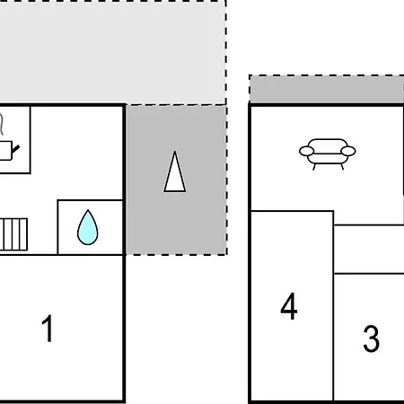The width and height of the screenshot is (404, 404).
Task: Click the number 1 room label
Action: point(48,328)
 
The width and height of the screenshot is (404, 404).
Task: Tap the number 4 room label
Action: point(289,306)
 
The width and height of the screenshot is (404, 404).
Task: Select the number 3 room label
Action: point(372,338)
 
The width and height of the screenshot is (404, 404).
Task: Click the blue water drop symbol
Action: point(88,227)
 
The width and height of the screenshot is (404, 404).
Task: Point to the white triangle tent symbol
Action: point(175,171)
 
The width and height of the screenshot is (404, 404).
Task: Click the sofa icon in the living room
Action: point(328,154)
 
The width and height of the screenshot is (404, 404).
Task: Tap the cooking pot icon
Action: point(6,151)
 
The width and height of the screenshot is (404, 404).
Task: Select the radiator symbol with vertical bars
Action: point(13,234)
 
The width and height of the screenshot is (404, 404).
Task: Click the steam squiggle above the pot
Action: point(2,125)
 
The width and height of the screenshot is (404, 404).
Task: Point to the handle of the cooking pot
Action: point(15,149)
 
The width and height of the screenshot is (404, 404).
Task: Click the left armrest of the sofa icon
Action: point(307,151)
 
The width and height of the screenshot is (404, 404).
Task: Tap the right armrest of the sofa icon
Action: point(348,151)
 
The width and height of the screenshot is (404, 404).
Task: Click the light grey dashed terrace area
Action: point(113,52)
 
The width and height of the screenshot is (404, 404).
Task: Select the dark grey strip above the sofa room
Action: point(327,89)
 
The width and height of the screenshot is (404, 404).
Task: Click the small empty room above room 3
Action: point(369,249)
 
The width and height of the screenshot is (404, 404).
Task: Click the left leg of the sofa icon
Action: point(314,167)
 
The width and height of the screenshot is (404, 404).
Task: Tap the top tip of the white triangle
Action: point(175,151)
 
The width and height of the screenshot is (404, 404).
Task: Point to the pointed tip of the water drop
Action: point(88,210)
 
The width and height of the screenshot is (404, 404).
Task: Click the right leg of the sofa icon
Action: point(342,166)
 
